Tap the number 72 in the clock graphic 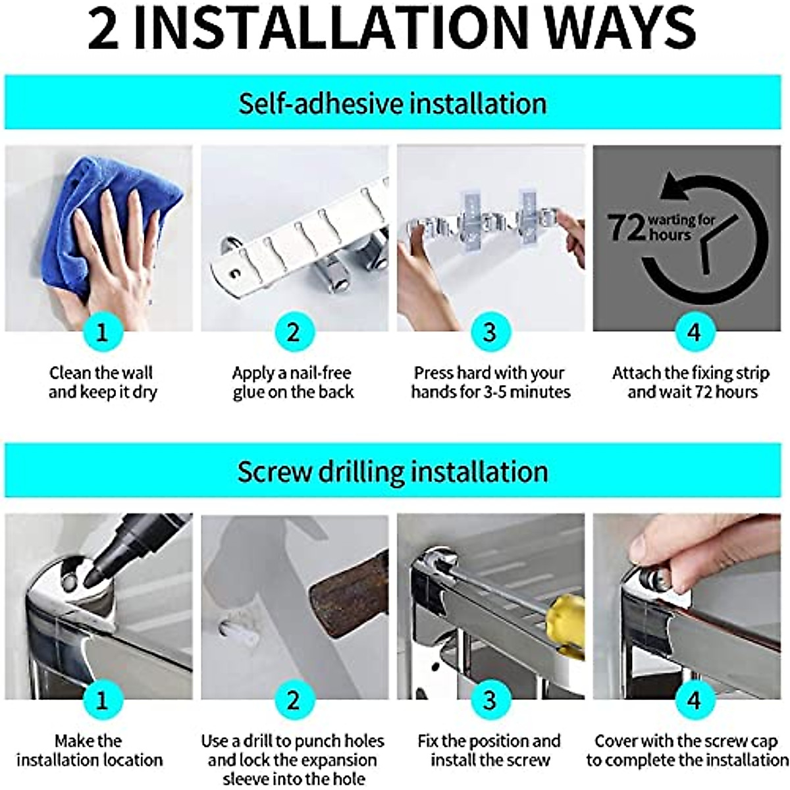(x=625, y=227)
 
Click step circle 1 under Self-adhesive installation (x=101, y=332)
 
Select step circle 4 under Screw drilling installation (x=693, y=700)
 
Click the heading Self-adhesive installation (x=392, y=104)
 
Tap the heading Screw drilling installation (x=392, y=472)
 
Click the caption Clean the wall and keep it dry (x=102, y=382)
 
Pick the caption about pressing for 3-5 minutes (x=490, y=382)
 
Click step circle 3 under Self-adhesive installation (x=489, y=332)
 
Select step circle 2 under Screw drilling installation (x=293, y=700)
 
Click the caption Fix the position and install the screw (x=489, y=750)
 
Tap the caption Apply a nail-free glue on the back (x=293, y=382)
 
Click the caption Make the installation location (x=89, y=750)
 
